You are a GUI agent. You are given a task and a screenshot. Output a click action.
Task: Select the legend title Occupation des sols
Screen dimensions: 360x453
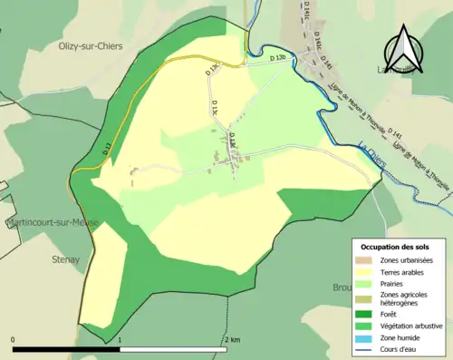pyautogui.click(x=395, y=247)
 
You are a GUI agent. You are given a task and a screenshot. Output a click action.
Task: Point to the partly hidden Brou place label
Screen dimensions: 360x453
pyautogui.click(x=342, y=287)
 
